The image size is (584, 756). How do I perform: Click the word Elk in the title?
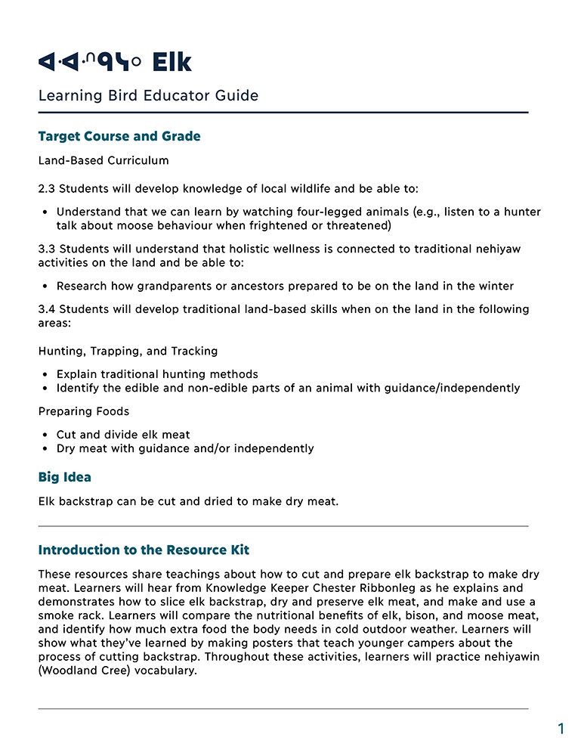pos(171,62)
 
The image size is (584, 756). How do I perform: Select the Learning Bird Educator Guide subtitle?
pos(148,96)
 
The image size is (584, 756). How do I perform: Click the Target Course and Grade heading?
pos(119,137)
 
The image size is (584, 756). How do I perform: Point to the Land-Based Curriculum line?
pos(104,160)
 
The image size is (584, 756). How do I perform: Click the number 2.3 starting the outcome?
pos(47,187)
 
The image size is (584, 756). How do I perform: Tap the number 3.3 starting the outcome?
pos(47,249)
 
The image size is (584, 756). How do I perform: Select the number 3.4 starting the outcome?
pos(47,310)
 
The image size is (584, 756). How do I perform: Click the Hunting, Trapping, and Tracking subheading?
pos(128,351)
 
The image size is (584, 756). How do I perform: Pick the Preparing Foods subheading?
pos(84,411)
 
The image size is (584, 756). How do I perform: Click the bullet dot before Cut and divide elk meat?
pos(45,435)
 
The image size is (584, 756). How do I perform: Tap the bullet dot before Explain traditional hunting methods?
pos(45,374)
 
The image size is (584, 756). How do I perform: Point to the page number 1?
pos(561,729)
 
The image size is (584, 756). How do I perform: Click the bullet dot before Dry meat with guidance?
pos(45,448)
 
